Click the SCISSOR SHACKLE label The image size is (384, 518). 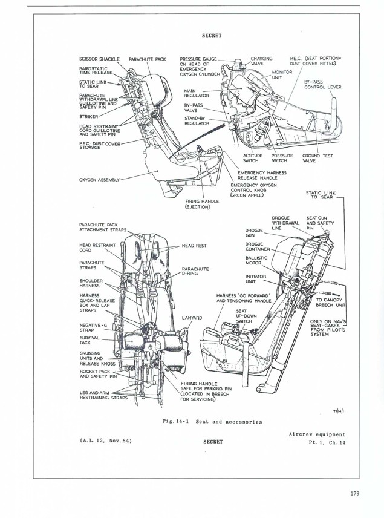click(x=100, y=59)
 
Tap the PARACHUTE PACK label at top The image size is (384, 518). click(x=148, y=59)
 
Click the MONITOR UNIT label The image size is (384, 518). click(x=282, y=74)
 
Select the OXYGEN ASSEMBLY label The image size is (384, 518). click(x=100, y=180)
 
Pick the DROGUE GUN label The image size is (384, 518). click(x=254, y=232)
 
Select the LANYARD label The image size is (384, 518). click(x=191, y=317)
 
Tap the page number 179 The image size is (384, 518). click(x=354, y=493)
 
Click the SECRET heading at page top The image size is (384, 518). click(x=212, y=35)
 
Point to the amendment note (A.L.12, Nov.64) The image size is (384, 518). click(x=106, y=440)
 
